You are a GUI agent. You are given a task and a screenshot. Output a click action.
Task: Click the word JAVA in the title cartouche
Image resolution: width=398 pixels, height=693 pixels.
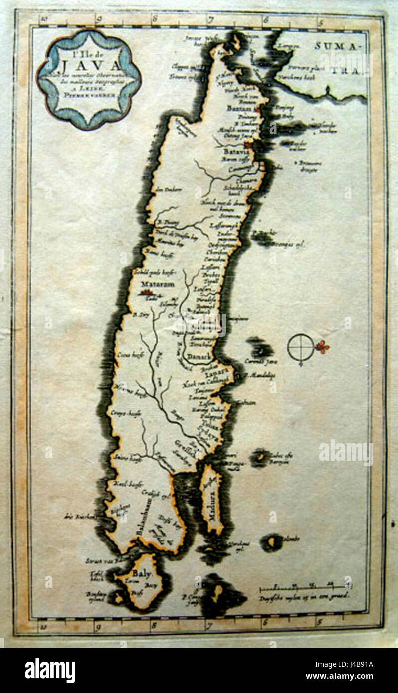(91, 65)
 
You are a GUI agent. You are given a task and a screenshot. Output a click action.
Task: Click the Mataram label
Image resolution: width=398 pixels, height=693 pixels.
(157, 284)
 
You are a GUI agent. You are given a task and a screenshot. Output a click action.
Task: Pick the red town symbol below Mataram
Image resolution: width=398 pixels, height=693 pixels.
(148, 294)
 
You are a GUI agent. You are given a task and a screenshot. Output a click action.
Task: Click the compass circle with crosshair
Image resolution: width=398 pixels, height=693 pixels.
(301, 347)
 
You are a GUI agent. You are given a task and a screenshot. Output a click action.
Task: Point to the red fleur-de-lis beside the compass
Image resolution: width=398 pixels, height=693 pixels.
(323, 346)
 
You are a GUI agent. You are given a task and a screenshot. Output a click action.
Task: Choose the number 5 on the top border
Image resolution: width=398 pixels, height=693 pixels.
(320, 21)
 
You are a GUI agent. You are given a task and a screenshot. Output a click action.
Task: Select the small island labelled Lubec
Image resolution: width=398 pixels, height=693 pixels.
(260, 456)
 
